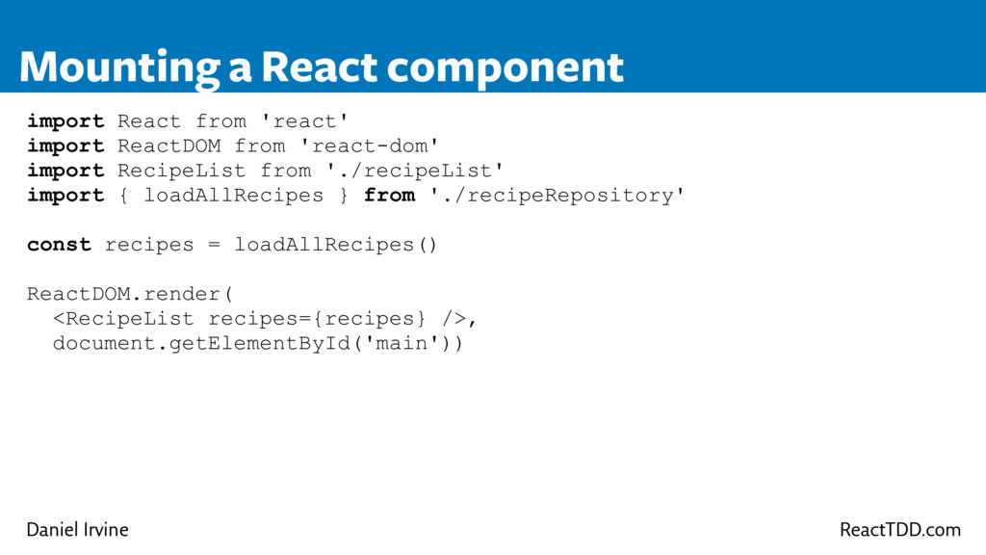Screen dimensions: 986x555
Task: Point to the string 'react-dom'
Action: pyautogui.click(x=370, y=146)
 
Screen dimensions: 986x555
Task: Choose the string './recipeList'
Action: pyautogui.click(x=415, y=171)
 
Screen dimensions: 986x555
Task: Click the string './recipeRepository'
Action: pyautogui.click(x=558, y=196)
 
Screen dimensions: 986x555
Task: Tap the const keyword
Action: pyautogui.click(x=60, y=245)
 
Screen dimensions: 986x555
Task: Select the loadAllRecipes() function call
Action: pyautogui.click(x=336, y=245)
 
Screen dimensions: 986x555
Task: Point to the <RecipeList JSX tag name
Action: pyautogui.click(x=123, y=319)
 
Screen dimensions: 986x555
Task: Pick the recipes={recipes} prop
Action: pyautogui.click(x=317, y=319)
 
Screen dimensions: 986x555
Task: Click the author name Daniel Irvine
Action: pyautogui.click(x=77, y=530)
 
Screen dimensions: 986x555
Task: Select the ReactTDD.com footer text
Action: pyautogui.click(x=900, y=530)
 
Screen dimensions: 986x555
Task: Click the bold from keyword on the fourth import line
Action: pyautogui.click(x=389, y=196)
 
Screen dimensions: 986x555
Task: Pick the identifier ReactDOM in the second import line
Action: pyautogui.click(x=169, y=146)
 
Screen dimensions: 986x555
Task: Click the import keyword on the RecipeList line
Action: pyautogui.click(x=65, y=171)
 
